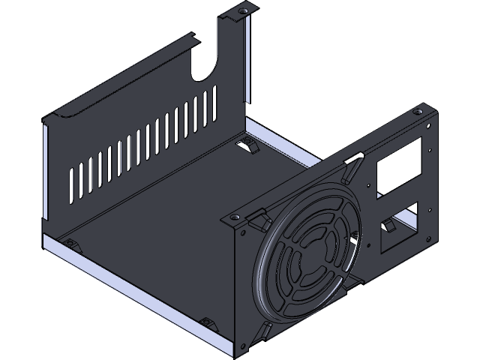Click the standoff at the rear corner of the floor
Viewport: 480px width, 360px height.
tap(247, 145)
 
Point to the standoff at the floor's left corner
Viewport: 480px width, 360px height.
tap(70, 244)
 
